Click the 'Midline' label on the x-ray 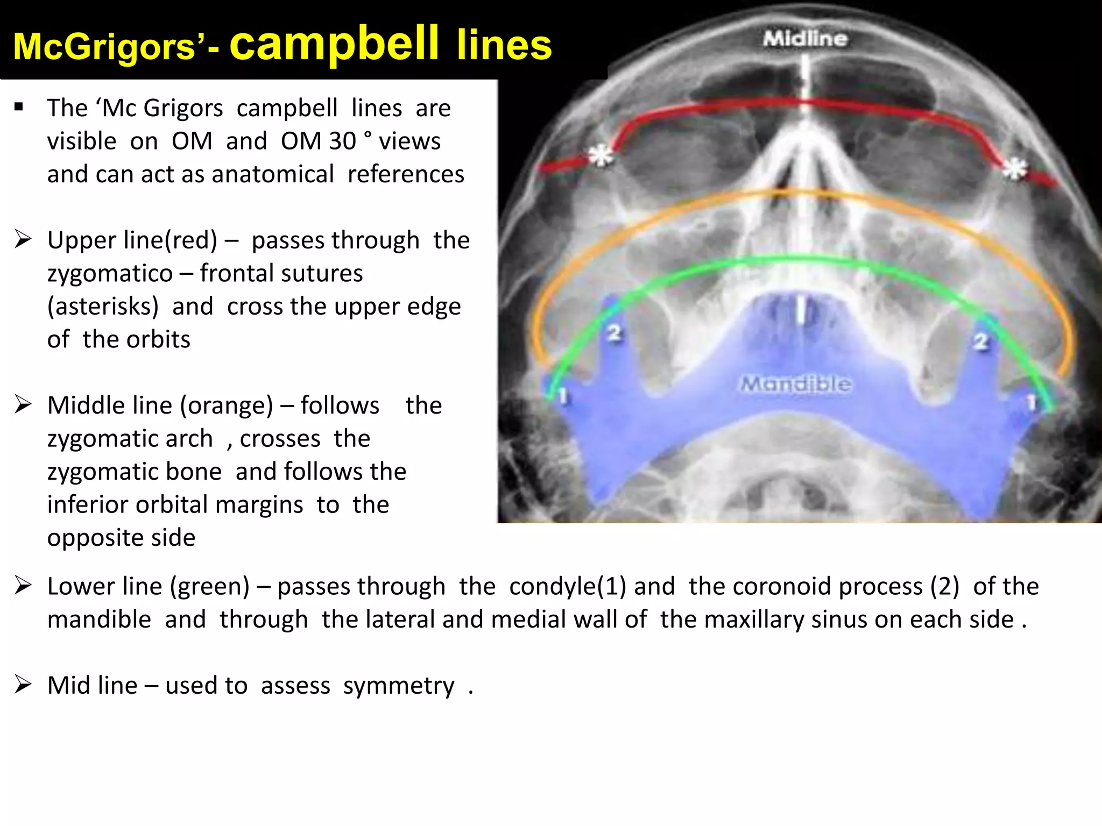click(805, 39)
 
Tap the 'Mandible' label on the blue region click(796, 384)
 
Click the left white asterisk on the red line click(601, 156)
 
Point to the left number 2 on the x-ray click(614, 333)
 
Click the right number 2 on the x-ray click(981, 341)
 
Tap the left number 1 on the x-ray click(563, 396)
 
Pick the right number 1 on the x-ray click(1031, 402)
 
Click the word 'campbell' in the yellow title click(334, 44)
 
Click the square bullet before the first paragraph click(19, 106)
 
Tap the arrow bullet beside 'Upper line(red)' click(23, 239)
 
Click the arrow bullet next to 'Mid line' click(23, 685)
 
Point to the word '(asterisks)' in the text click(103, 307)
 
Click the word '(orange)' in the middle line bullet click(227, 405)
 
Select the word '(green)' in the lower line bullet click(210, 586)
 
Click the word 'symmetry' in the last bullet click(399, 686)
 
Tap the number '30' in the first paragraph click(342, 141)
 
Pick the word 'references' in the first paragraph click(406, 174)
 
